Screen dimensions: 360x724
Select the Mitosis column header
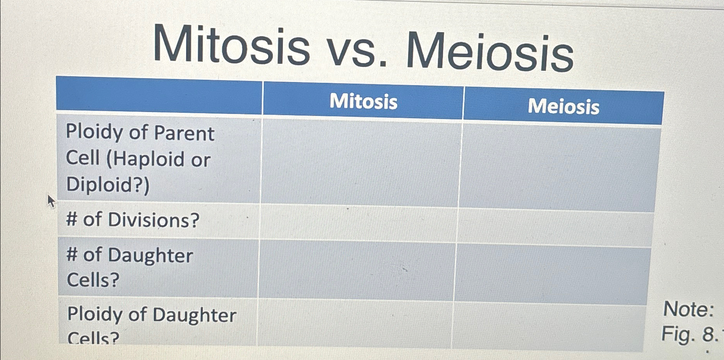[x=363, y=101]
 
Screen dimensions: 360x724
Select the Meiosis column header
[x=563, y=107]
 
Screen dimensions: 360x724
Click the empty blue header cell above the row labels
[x=159, y=95]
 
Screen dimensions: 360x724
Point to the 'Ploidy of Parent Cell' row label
[x=140, y=158]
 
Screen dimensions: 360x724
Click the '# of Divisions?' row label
[x=133, y=220]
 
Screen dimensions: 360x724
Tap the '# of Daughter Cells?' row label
[x=129, y=267]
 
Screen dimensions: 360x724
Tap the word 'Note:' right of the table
[x=688, y=309]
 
